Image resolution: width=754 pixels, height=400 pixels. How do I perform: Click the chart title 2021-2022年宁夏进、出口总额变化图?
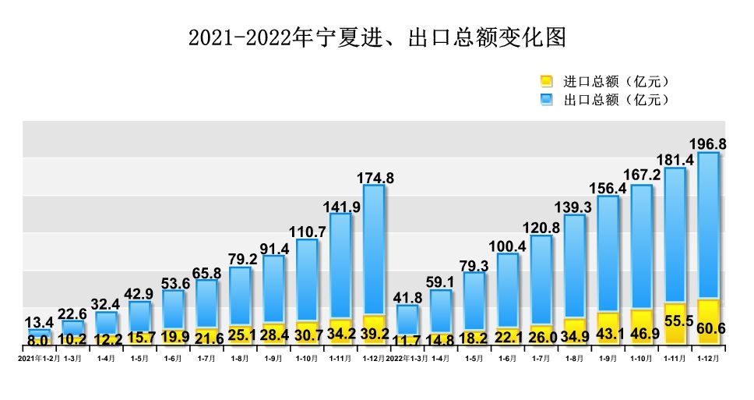click(376, 37)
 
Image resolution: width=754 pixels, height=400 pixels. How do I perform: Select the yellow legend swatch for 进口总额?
click(546, 81)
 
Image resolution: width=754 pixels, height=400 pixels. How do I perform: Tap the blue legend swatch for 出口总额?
click(546, 99)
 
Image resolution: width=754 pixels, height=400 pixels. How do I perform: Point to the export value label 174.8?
click(374, 178)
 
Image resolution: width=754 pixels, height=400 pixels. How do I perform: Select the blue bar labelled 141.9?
click(340, 265)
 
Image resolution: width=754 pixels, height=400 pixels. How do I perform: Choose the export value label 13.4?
click(39, 323)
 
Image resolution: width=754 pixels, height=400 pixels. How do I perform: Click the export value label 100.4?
click(507, 246)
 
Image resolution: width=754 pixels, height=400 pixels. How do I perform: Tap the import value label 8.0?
click(39, 341)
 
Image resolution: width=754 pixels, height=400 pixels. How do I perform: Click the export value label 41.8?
click(407, 298)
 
